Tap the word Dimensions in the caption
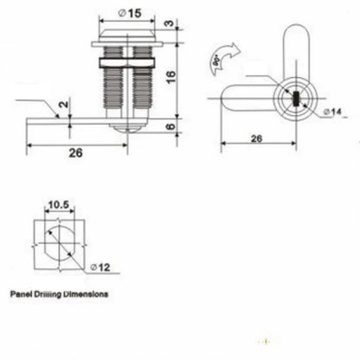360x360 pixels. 86,294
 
